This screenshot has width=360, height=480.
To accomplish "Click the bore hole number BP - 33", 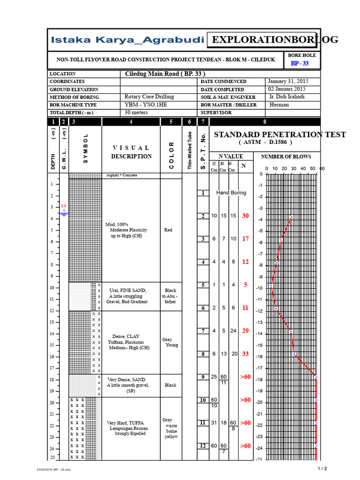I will (300, 63).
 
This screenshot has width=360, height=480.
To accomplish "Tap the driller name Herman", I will (279, 105).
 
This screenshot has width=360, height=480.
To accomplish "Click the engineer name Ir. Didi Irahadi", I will (288, 97).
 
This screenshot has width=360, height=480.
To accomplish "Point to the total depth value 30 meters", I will (136, 112).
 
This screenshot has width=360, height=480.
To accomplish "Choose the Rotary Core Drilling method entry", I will (149, 97).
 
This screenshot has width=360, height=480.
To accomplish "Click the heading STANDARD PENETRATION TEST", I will (280, 135).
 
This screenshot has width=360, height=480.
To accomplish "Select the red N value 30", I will (245, 216).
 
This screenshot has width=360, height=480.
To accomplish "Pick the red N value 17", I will (245, 239).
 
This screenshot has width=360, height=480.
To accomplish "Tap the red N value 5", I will (245, 285).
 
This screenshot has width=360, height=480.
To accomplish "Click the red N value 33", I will (245, 354).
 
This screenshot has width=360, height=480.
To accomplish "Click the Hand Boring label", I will (231, 193).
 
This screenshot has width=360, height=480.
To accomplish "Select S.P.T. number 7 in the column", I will (203, 331).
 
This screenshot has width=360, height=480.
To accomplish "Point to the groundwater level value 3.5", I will (63, 206).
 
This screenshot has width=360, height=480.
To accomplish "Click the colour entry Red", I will (168, 230).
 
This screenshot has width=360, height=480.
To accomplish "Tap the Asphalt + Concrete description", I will (121, 175).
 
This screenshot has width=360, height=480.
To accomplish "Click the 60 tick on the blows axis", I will (322, 168).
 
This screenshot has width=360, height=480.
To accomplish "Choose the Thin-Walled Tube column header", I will (190, 150).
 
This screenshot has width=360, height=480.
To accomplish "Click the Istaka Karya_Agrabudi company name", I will (127, 40).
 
